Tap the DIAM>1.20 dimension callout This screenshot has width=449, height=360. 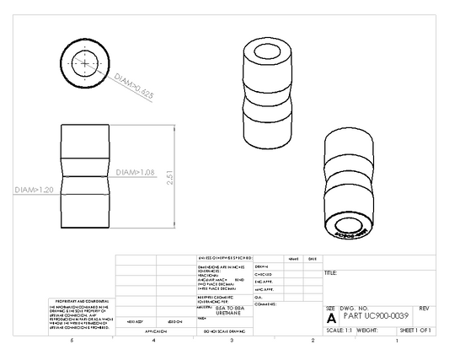tap(35, 191)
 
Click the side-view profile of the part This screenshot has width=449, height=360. tap(87, 177)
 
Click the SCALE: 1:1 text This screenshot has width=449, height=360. tap(339, 330)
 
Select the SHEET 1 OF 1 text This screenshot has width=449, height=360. tap(414, 330)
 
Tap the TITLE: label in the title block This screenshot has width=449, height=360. tap(330, 273)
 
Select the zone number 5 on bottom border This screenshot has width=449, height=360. tap(72, 341)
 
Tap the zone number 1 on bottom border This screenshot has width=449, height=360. tap(396, 341)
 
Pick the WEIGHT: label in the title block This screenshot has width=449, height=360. tap(370, 330)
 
